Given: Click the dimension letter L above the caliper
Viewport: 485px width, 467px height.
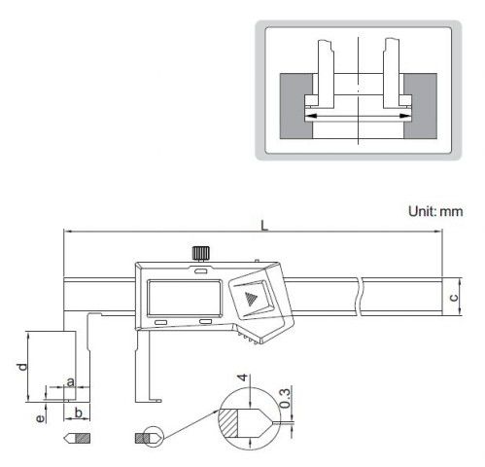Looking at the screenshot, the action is pos(264,226).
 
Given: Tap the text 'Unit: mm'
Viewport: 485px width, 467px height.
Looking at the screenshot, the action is pos(435,211).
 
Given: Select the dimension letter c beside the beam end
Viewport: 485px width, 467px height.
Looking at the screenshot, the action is pos(454,298).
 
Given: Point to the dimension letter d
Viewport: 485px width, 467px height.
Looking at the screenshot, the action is pos(22,367).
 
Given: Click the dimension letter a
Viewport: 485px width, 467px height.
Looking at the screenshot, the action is pos(70,382).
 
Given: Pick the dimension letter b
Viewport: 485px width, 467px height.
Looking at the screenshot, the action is pos(78,413).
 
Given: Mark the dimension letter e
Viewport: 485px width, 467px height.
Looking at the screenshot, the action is pos(40,418).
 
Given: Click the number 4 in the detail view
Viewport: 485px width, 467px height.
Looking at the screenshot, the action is pos(243,377).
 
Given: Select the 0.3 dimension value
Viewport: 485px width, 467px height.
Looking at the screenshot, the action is pos(285,398).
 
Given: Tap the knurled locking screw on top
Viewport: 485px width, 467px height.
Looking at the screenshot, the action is pos(201,253).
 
